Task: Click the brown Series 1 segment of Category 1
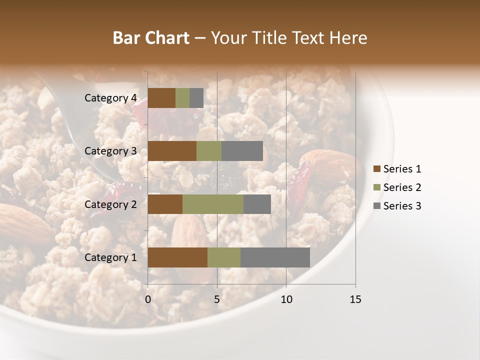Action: point(177,257)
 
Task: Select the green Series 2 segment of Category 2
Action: point(213,204)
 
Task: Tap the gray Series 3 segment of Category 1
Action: point(275,257)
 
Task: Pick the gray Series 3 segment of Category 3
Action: point(242,151)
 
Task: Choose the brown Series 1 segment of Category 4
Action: point(161,98)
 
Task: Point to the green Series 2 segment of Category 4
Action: point(182,98)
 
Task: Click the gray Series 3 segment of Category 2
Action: point(257,204)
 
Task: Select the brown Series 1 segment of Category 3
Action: point(172,151)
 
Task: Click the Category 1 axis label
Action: point(110,257)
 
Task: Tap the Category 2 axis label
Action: point(110,204)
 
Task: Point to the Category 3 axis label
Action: point(110,151)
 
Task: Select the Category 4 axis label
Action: point(110,98)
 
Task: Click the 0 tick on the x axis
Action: point(148,299)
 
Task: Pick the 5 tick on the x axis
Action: point(217,299)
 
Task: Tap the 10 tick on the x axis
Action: point(286,299)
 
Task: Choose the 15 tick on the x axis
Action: point(355,299)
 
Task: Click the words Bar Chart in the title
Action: point(151,38)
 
